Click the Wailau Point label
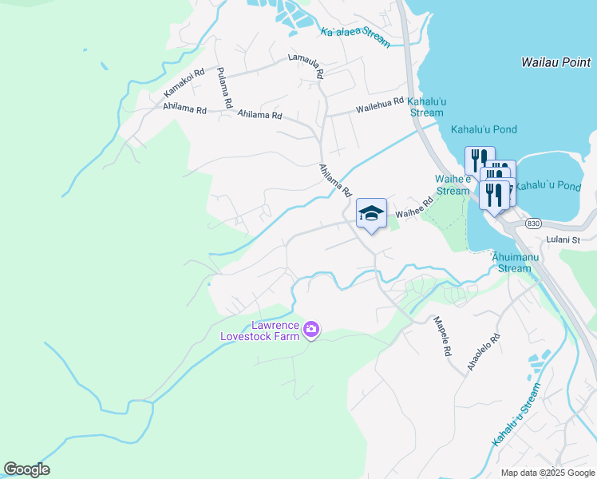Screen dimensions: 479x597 coord(556,61)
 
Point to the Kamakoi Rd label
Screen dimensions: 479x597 coord(184,84)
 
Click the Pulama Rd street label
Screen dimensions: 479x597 coord(223,87)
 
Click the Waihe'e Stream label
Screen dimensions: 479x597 coord(453,185)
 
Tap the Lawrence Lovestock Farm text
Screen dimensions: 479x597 coord(263,331)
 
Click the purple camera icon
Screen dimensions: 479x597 coord(311,329)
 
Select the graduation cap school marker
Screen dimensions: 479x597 coord(371,213)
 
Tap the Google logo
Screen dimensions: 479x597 coord(27,469)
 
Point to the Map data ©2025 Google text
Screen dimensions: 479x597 coord(547,473)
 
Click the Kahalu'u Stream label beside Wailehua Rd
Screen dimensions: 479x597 coord(425,107)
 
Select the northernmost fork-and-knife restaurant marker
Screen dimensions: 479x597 coord(480,160)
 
